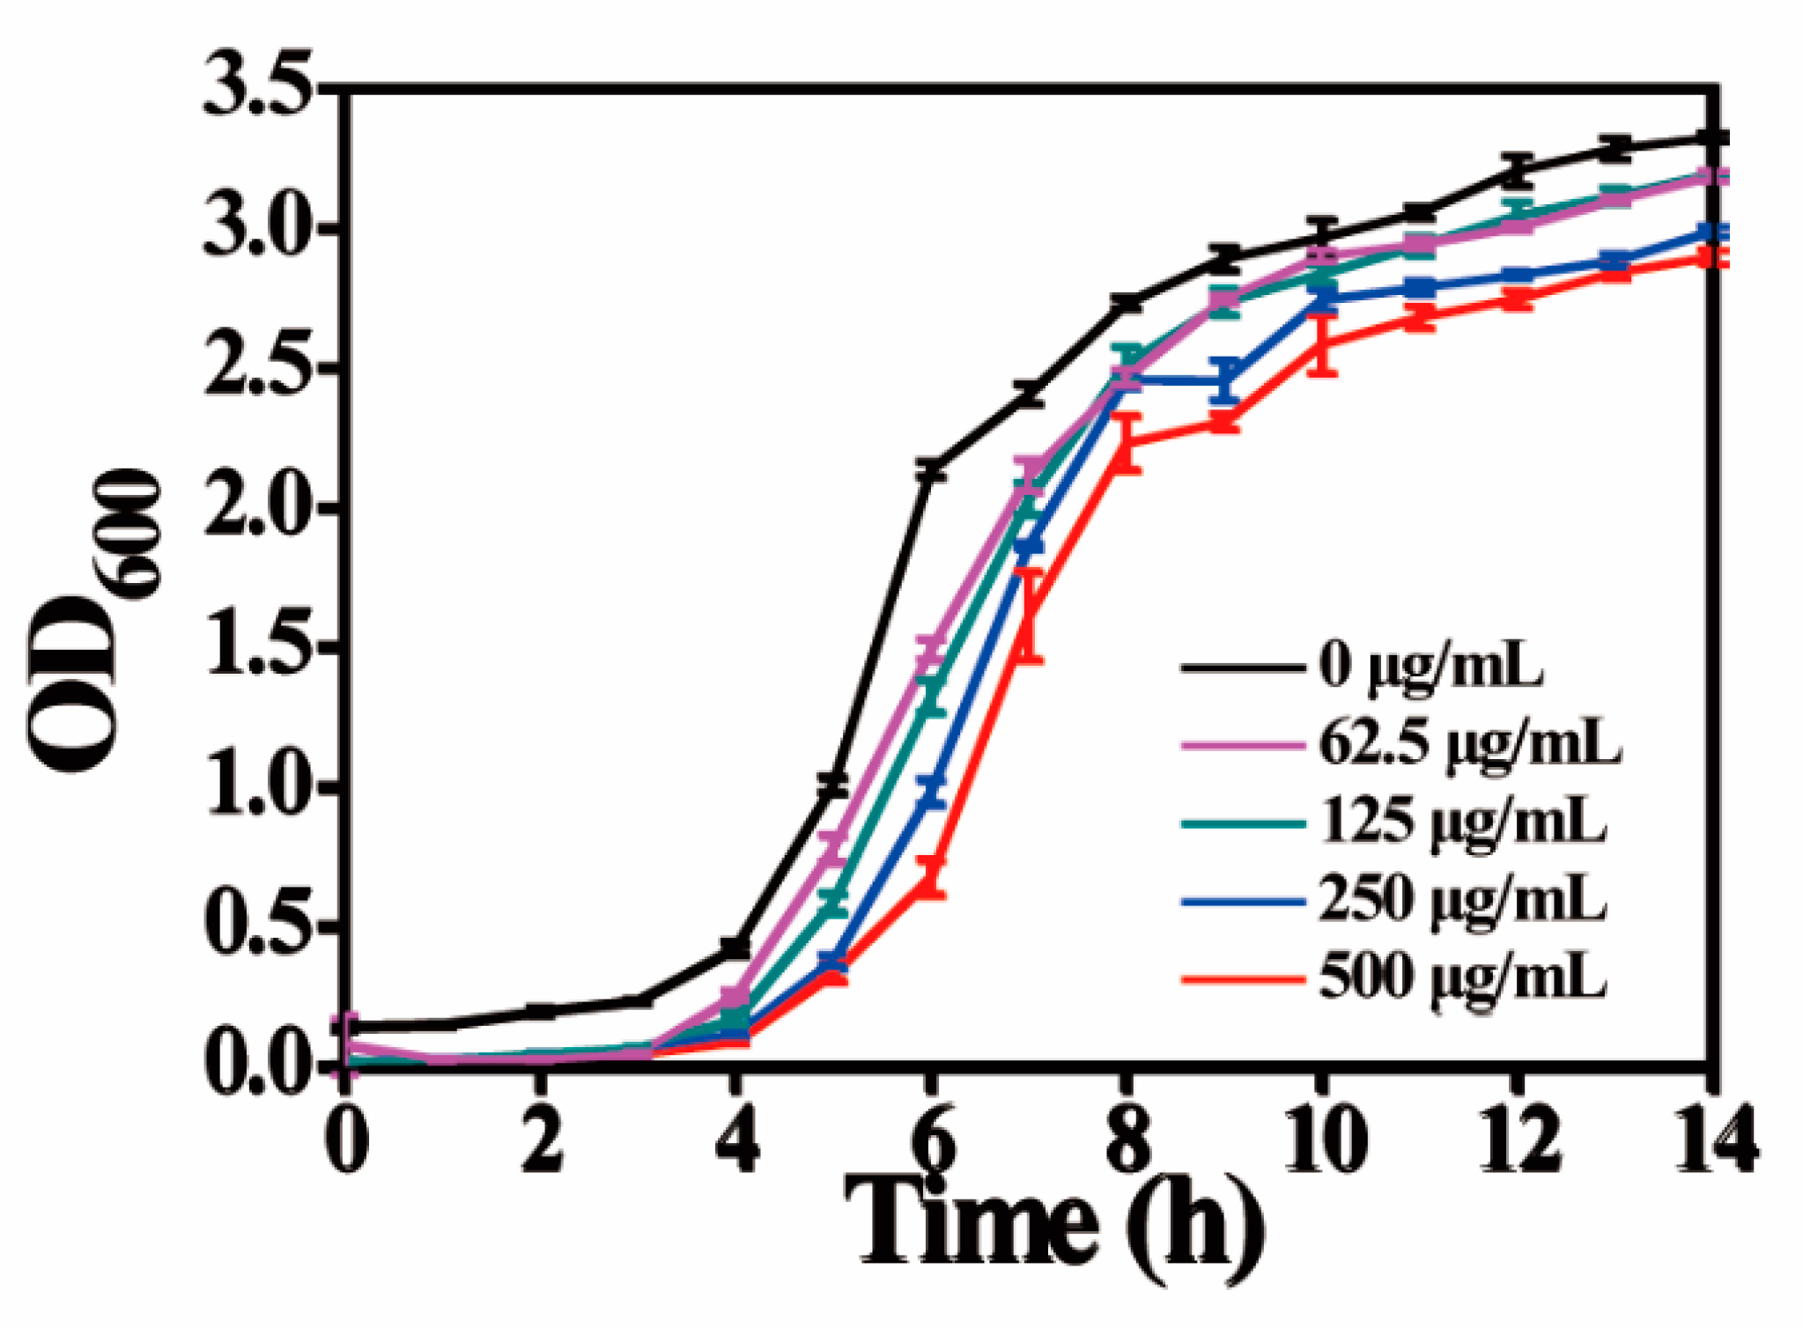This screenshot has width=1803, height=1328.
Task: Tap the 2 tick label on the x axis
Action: click(x=540, y=1142)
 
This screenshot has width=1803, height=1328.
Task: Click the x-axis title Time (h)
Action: click(x=1053, y=1228)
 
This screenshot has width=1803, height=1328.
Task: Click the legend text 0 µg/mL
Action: click(x=1431, y=666)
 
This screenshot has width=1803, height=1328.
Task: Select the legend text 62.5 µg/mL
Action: click(x=1469, y=744)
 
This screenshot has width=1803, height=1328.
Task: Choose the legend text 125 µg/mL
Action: click(x=1462, y=823)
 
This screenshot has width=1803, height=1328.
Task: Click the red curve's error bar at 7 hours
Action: click(x=1028, y=616)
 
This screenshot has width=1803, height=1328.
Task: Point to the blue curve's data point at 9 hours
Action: click(x=1223, y=380)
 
